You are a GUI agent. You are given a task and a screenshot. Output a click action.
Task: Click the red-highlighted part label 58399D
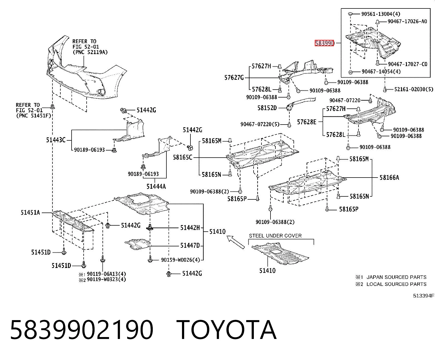click(324, 43)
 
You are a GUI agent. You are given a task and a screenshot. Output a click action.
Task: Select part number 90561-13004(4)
click(381, 14)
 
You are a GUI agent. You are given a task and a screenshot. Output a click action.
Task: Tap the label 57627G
click(234, 78)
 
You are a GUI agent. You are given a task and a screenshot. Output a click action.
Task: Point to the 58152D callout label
click(267, 108)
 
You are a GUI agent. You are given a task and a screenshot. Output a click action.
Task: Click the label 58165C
click(183, 157)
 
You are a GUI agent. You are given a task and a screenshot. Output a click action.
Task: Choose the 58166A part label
click(389, 178)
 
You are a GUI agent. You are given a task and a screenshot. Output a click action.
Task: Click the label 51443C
click(56, 140)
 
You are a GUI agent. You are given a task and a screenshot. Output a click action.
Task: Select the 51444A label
click(156, 187)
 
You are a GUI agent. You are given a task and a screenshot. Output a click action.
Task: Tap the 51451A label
click(30, 213)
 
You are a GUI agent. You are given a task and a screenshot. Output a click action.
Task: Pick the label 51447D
click(190, 246)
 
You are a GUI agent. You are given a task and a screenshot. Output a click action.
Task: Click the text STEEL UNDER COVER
click(275, 236)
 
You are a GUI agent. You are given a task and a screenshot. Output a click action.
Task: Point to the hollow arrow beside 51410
click(236, 242)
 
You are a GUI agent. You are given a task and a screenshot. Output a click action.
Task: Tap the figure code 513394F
click(424, 296)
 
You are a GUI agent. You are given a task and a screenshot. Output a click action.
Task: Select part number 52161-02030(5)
click(414, 89)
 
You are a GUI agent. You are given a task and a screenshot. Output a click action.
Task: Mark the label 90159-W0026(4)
click(180, 260)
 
